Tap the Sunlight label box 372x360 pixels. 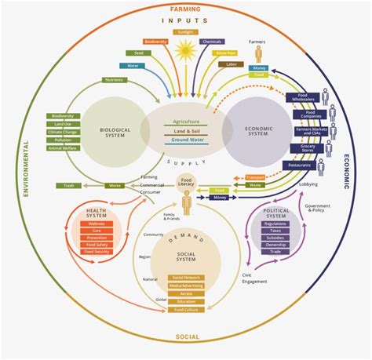[x=185, y=32]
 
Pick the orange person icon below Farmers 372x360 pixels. [x=257, y=53]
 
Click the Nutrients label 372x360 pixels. [x=115, y=79]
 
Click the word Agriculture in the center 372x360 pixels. [x=186, y=121]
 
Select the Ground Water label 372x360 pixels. [x=186, y=142]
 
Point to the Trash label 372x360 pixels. [x=69, y=185]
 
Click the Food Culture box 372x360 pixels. [x=186, y=309]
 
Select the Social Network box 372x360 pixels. [x=186, y=278]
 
